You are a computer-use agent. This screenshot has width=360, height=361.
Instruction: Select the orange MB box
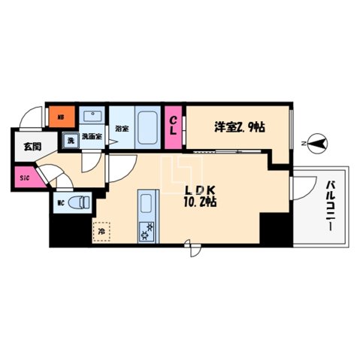[x=60, y=117]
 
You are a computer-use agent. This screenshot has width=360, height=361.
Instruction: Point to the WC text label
[x=60, y=202]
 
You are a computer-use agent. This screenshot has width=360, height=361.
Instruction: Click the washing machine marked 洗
[x=68, y=138]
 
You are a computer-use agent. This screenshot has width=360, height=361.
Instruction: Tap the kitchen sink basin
[x=145, y=204]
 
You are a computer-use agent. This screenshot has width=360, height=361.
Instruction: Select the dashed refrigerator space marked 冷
[x=101, y=232]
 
